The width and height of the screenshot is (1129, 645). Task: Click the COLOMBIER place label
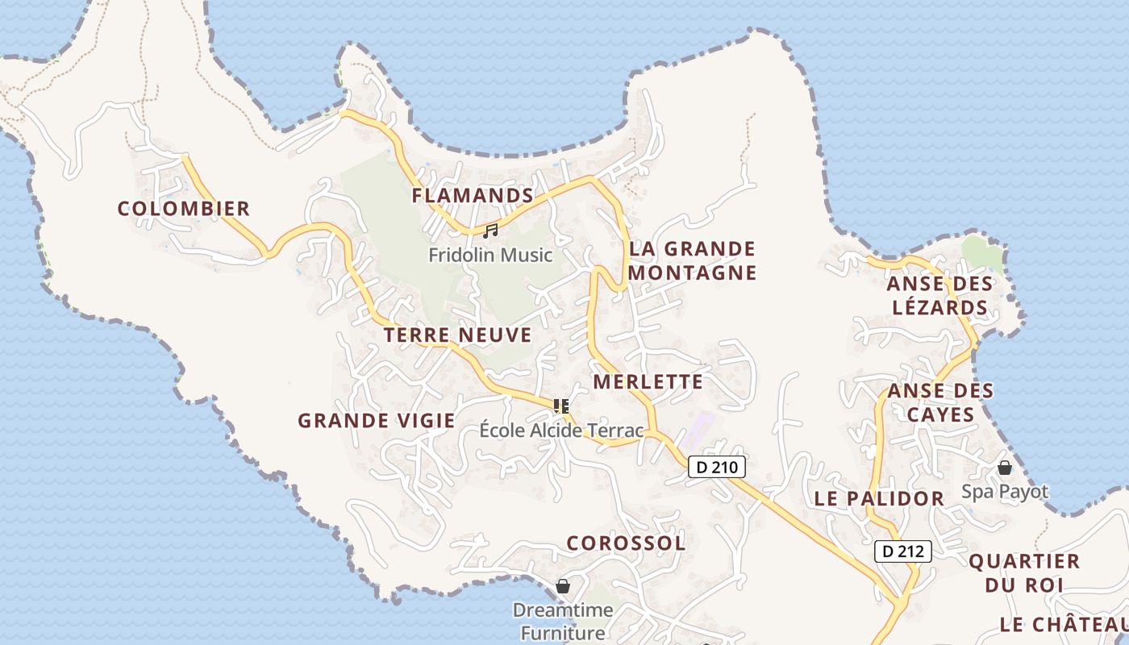point(184,209)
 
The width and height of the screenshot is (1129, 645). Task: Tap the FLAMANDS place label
point(473,196)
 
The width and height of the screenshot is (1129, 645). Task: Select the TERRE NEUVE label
point(458,335)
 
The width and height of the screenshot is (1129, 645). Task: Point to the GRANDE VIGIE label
point(377,421)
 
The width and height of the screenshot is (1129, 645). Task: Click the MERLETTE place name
point(648,382)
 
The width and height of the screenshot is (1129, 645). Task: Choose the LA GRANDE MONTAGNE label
point(693,260)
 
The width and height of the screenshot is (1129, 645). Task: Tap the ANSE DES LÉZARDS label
point(939,296)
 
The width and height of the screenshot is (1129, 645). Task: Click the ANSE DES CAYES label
point(940,402)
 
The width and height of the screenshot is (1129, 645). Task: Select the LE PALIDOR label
point(879,499)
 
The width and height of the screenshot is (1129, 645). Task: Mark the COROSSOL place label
point(626,543)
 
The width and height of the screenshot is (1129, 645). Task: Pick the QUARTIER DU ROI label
point(1024,573)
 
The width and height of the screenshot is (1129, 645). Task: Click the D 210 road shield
point(717,467)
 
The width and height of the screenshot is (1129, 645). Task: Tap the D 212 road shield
point(903,551)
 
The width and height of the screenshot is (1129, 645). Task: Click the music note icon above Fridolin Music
point(490,231)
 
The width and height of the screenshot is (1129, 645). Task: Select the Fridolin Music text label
point(490,256)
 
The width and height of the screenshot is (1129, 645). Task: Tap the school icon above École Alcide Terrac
point(561,406)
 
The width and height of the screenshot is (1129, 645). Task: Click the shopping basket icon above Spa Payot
point(1005,468)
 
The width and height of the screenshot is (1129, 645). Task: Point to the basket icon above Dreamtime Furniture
point(563,586)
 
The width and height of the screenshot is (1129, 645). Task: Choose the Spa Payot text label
point(1005,492)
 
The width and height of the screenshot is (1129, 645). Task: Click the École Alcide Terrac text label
point(561,431)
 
